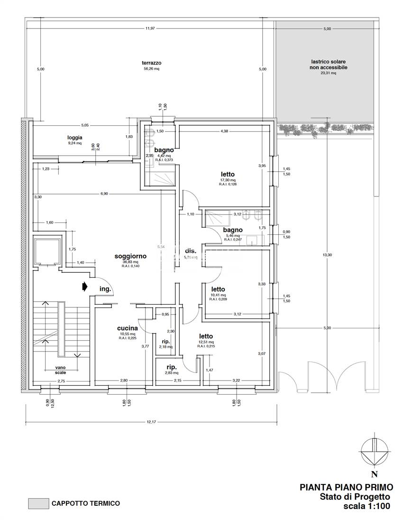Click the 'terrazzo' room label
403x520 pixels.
pos(151,63)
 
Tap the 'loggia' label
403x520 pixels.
pos(74,138)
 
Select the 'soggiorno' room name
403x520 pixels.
pos(130,256)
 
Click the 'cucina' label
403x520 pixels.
pos(128,328)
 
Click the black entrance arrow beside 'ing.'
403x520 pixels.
pos(84,287)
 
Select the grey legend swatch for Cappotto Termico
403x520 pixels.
pos(38,503)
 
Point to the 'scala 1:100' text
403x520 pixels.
pos(366,506)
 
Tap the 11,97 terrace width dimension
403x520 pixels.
pos(151,29)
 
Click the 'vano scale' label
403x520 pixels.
pos(60,370)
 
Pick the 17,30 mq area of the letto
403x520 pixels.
pos(228,180)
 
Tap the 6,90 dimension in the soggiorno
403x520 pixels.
pos(104,194)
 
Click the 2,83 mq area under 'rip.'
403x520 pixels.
pos(172,373)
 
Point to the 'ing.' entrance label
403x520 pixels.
pos(105,289)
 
